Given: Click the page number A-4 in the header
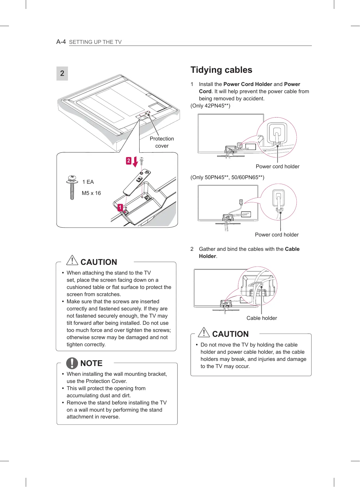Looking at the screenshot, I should [x=61, y=42].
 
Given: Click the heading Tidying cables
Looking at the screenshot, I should [x=221, y=70].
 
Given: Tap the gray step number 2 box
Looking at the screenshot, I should [x=62, y=73].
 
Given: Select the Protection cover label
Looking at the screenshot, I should [x=162, y=142].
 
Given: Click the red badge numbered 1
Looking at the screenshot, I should [x=120, y=207].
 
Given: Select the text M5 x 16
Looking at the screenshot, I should [x=91, y=193].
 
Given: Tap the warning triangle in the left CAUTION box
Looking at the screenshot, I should [x=72, y=260].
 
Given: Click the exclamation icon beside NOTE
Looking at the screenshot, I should [x=72, y=363].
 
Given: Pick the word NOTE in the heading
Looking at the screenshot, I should [x=91, y=363].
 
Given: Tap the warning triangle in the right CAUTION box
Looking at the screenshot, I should [x=204, y=332].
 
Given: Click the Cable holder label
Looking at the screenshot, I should [x=262, y=318].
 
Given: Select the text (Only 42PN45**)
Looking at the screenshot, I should [x=210, y=106].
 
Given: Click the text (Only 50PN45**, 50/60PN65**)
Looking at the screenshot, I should [x=227, y=177].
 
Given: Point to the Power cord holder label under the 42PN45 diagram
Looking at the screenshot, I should [x=277, y=167].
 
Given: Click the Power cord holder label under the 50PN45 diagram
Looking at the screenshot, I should [x=277, y=235].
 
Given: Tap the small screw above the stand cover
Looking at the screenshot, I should [x=141, y=160].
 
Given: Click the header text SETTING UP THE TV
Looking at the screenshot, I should [x=95, y=42].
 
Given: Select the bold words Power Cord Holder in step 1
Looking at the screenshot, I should [x=248, y=84].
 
